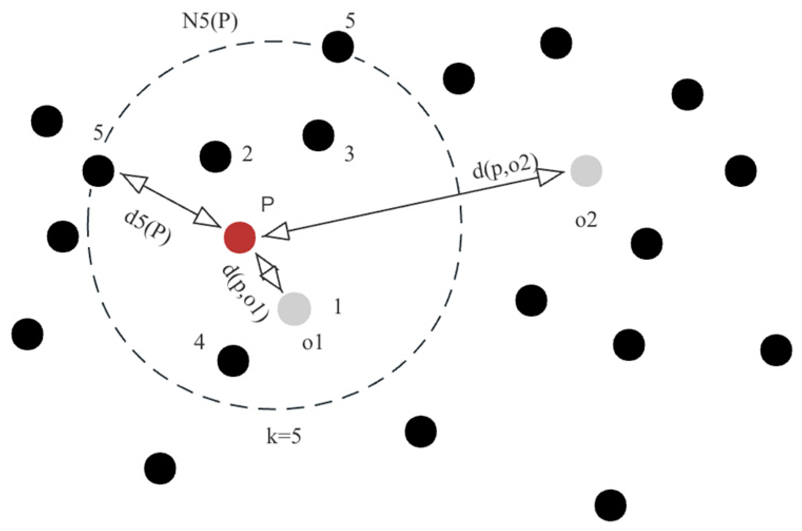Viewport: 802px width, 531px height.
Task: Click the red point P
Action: coord(240,238)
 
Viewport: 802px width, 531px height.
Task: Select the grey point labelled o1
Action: coord(294,309)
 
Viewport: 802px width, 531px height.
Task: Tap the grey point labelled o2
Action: coord(586,171)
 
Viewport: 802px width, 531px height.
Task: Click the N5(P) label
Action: coord(210,22)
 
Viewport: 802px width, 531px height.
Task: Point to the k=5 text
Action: coord(283,437)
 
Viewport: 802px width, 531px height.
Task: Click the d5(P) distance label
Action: coord(147,228)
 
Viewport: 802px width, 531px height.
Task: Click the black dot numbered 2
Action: coord(216,156)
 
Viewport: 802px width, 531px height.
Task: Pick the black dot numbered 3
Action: coord(318,135)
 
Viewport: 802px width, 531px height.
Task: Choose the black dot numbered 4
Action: coord(233,361)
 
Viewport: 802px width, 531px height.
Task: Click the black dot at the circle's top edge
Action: coord(338,46)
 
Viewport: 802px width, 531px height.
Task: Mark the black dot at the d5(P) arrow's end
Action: coord(99,171)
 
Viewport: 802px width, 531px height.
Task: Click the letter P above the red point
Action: coord(268,204)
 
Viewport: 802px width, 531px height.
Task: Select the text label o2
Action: coord(586,219)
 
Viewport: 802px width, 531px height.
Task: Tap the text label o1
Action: coord(312,343)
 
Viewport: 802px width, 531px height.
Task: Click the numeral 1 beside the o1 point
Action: coord(337,306)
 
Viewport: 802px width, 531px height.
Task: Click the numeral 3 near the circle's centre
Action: coord(349,154)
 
